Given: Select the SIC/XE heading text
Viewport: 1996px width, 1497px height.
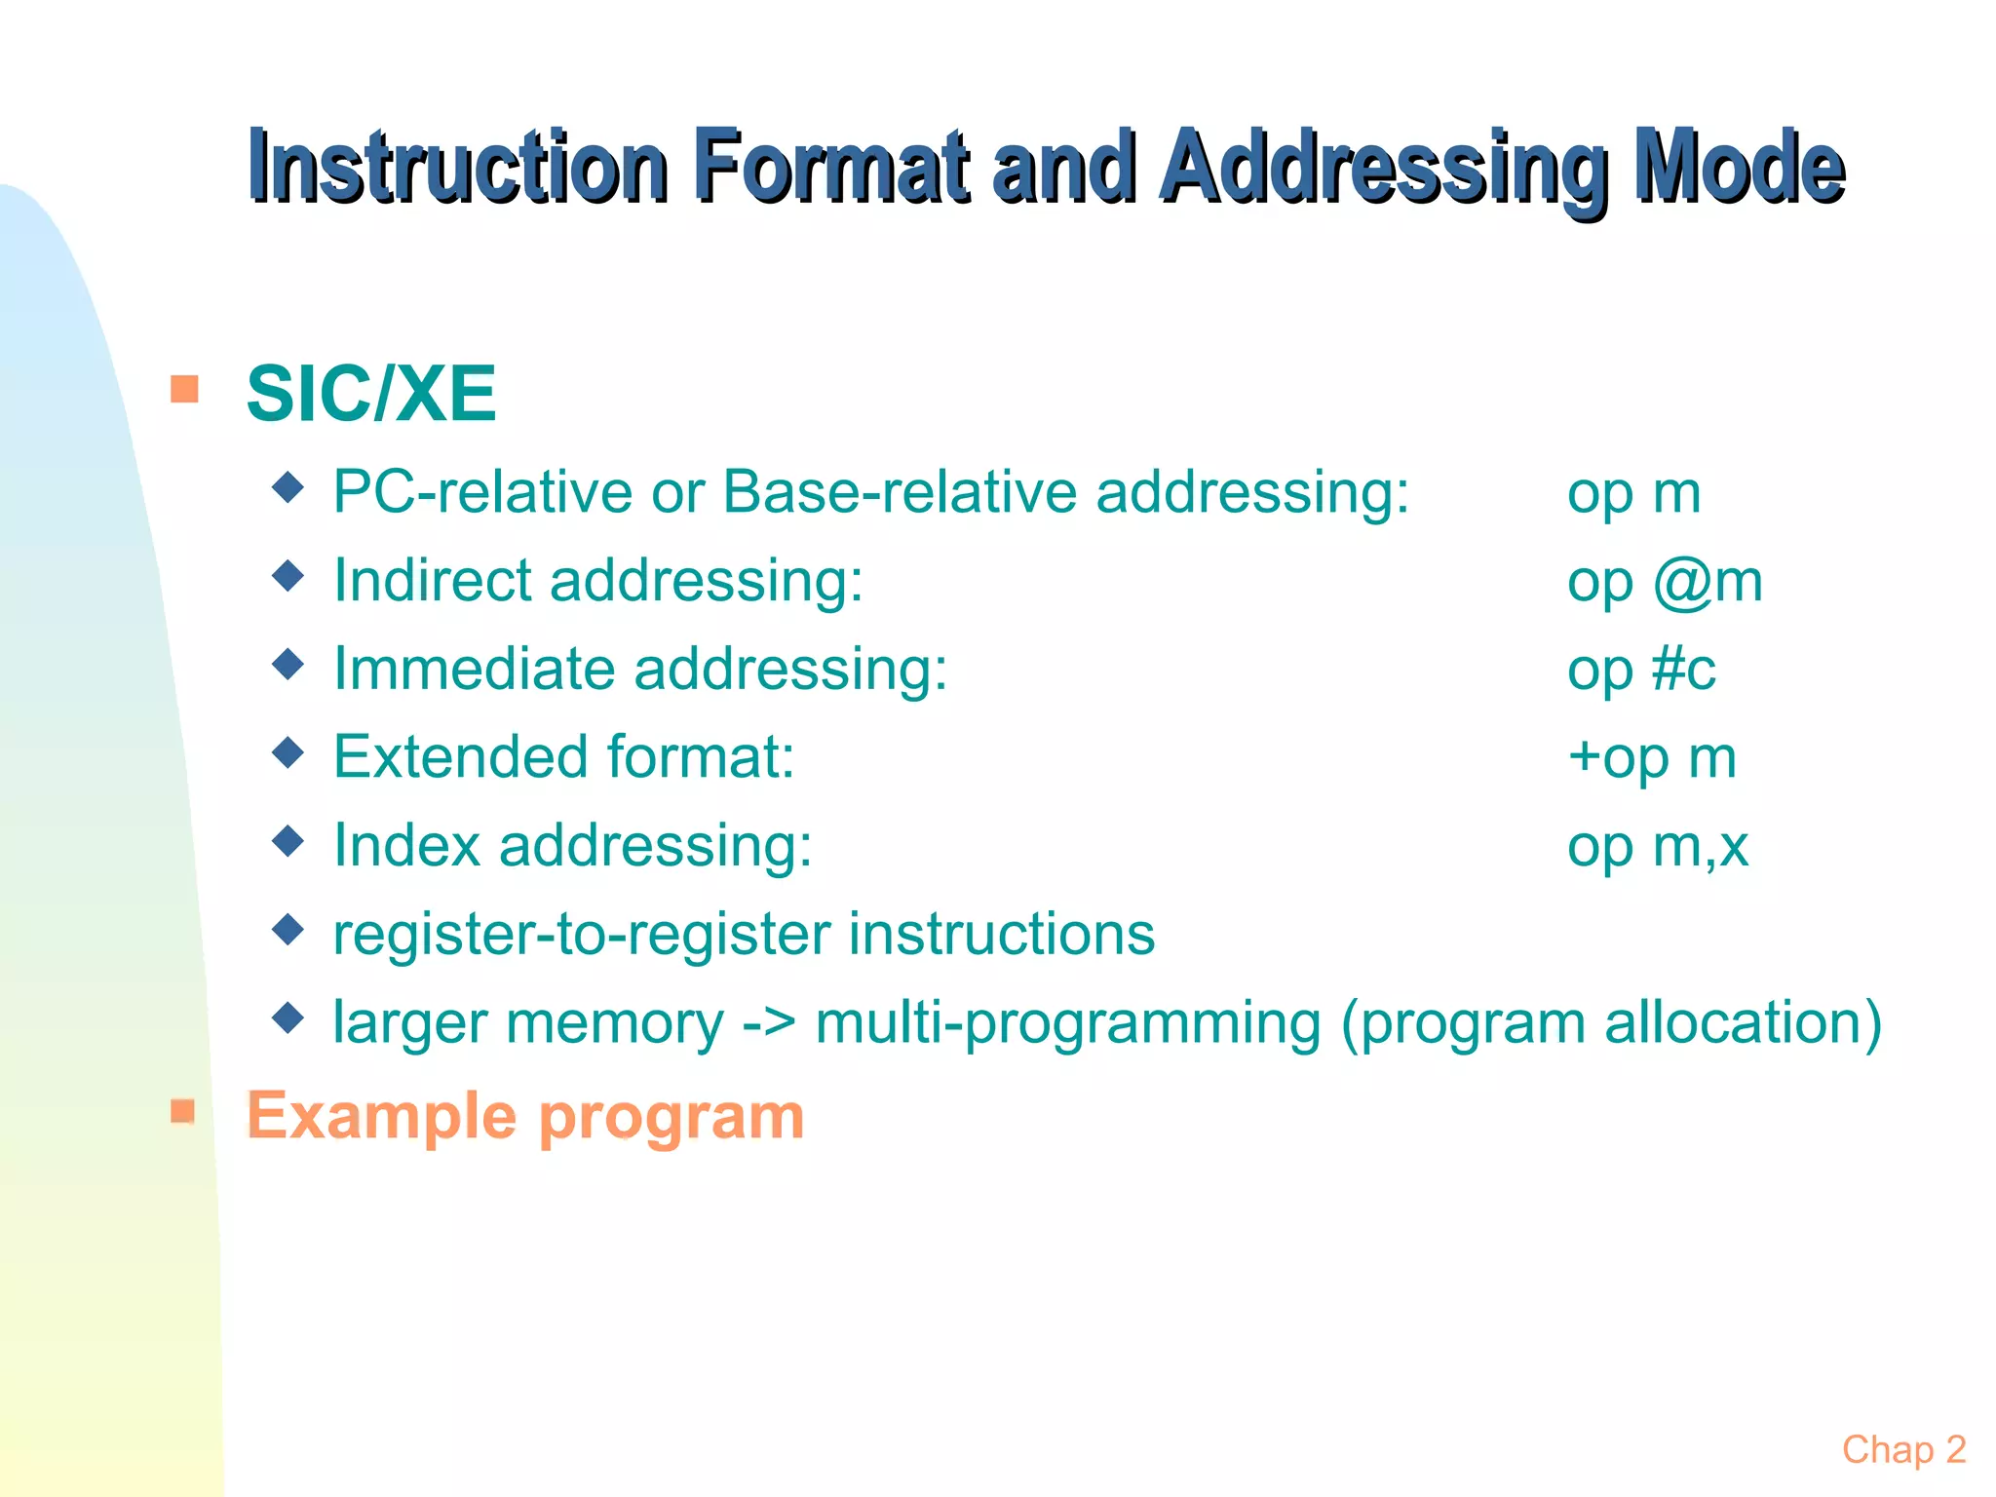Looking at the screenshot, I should pyautogui.click(x=371, y=394).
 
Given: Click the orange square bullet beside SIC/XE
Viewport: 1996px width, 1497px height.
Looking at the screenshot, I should pyautogui.click(x=184, y=389).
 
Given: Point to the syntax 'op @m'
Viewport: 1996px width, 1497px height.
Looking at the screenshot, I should pyautogui.click(x=1665, y=581).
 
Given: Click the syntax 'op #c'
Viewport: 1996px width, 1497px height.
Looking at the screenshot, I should pyautogui.click(x=1641, y=670).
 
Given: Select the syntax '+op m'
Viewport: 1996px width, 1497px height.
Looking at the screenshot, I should pyautogui.click(x=1652, y=757).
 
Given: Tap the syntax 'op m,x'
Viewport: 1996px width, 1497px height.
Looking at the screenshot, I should pyautogui.click(x=1657, y=846).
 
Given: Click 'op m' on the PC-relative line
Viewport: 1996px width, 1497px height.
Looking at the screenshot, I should pyautogui.click(x=1633, y=493).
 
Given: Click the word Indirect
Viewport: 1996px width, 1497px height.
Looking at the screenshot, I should pyautogui.click(x=432, y=581).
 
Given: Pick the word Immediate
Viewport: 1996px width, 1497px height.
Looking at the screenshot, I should pyautogui.click(x=474, y=670).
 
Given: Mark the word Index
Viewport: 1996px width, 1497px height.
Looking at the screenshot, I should pyautogui.click(x=406, y=846).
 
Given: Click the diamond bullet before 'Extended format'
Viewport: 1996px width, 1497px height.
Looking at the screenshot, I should pyautogui.click(x=288, y=752).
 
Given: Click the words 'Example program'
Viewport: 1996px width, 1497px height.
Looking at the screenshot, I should pyautogui.click(x=525, y=1116).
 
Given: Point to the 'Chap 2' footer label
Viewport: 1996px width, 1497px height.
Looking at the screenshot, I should pyautogui.click(x=1903, y=1450).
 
